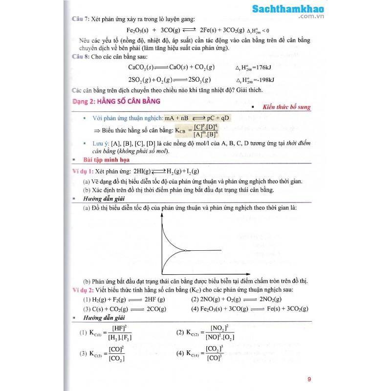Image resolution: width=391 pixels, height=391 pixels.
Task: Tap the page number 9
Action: (309, 378)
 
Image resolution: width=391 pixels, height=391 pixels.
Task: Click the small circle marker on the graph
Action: (186, 251)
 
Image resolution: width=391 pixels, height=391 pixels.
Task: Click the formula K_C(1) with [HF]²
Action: (106, 332)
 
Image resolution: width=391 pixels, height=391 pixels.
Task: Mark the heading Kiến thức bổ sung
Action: (286, 107)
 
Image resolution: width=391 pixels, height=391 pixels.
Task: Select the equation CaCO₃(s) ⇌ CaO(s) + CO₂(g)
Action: (171, 67)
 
